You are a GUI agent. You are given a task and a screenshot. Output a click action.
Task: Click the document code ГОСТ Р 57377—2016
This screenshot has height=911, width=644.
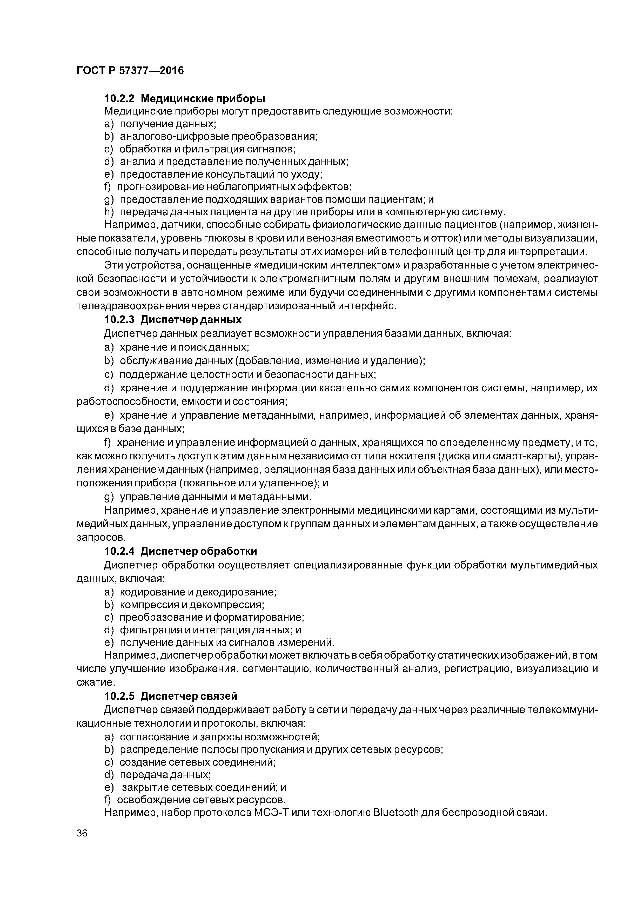pyautogui.click(x=130, y=71)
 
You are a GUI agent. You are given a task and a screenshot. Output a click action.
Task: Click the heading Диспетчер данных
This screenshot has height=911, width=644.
pyautogui.click(x=191, y=319)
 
